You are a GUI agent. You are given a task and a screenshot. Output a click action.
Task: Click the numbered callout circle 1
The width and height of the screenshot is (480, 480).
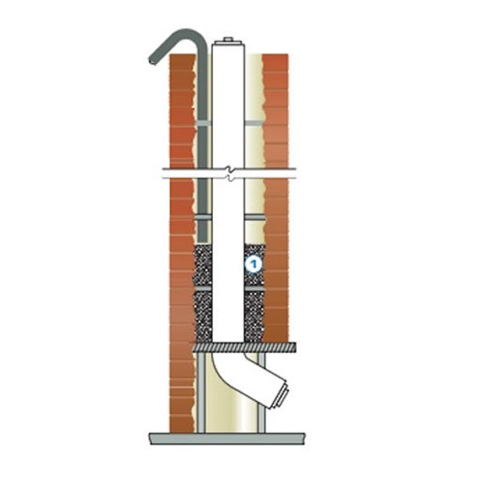point(253,264)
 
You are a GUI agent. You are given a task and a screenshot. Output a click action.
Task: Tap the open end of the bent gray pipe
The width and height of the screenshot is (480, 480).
point(152,60)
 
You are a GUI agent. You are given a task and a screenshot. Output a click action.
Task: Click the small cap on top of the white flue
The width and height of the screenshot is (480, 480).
point(228,40)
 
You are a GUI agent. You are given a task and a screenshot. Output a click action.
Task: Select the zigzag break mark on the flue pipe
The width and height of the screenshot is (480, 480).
point(231,173)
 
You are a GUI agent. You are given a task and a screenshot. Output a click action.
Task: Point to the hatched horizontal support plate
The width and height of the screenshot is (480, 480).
point(245,347)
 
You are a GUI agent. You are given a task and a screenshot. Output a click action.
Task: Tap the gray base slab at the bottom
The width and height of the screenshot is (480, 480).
point(227,438)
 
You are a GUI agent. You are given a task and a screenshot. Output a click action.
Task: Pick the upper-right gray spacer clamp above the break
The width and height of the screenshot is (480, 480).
point(254,123)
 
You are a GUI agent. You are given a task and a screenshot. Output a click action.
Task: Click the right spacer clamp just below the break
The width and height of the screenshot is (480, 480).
point(255,217)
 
